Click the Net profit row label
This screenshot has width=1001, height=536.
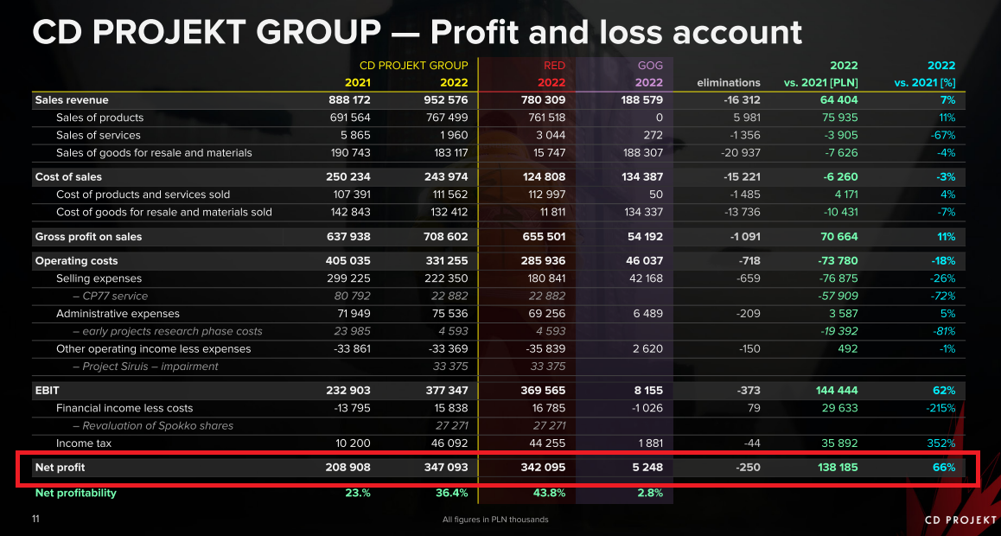(61, 468)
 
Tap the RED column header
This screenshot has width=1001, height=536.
(554, 65)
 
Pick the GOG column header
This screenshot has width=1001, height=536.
(650, 65)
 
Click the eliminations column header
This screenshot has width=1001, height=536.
(728, 83)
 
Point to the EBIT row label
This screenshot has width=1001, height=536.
(48, 391)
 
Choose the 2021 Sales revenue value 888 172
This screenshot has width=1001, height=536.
(350, 100)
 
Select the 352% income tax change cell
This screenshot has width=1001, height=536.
(940, 443)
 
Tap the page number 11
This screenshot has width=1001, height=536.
(36, 519)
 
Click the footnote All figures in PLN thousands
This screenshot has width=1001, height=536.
(494, 520)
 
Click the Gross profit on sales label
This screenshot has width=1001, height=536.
(88, 237)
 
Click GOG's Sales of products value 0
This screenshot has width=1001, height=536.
(659, 118)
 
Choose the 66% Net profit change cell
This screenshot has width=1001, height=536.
(944, 468)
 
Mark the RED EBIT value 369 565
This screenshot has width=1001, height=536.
(545, 391)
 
